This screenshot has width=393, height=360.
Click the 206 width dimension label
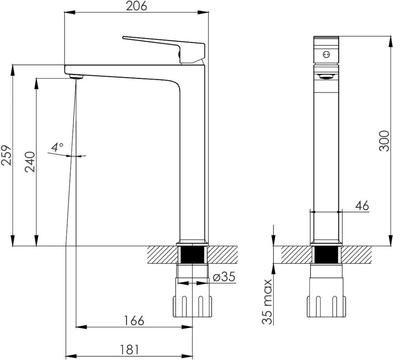point(136,6)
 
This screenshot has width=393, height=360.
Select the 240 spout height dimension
point(30,162)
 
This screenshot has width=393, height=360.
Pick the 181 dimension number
point(129,349)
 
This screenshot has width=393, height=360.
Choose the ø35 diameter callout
point(224,277)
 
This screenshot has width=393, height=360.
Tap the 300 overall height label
point(384,141)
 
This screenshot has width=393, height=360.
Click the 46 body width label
point(362,206)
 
